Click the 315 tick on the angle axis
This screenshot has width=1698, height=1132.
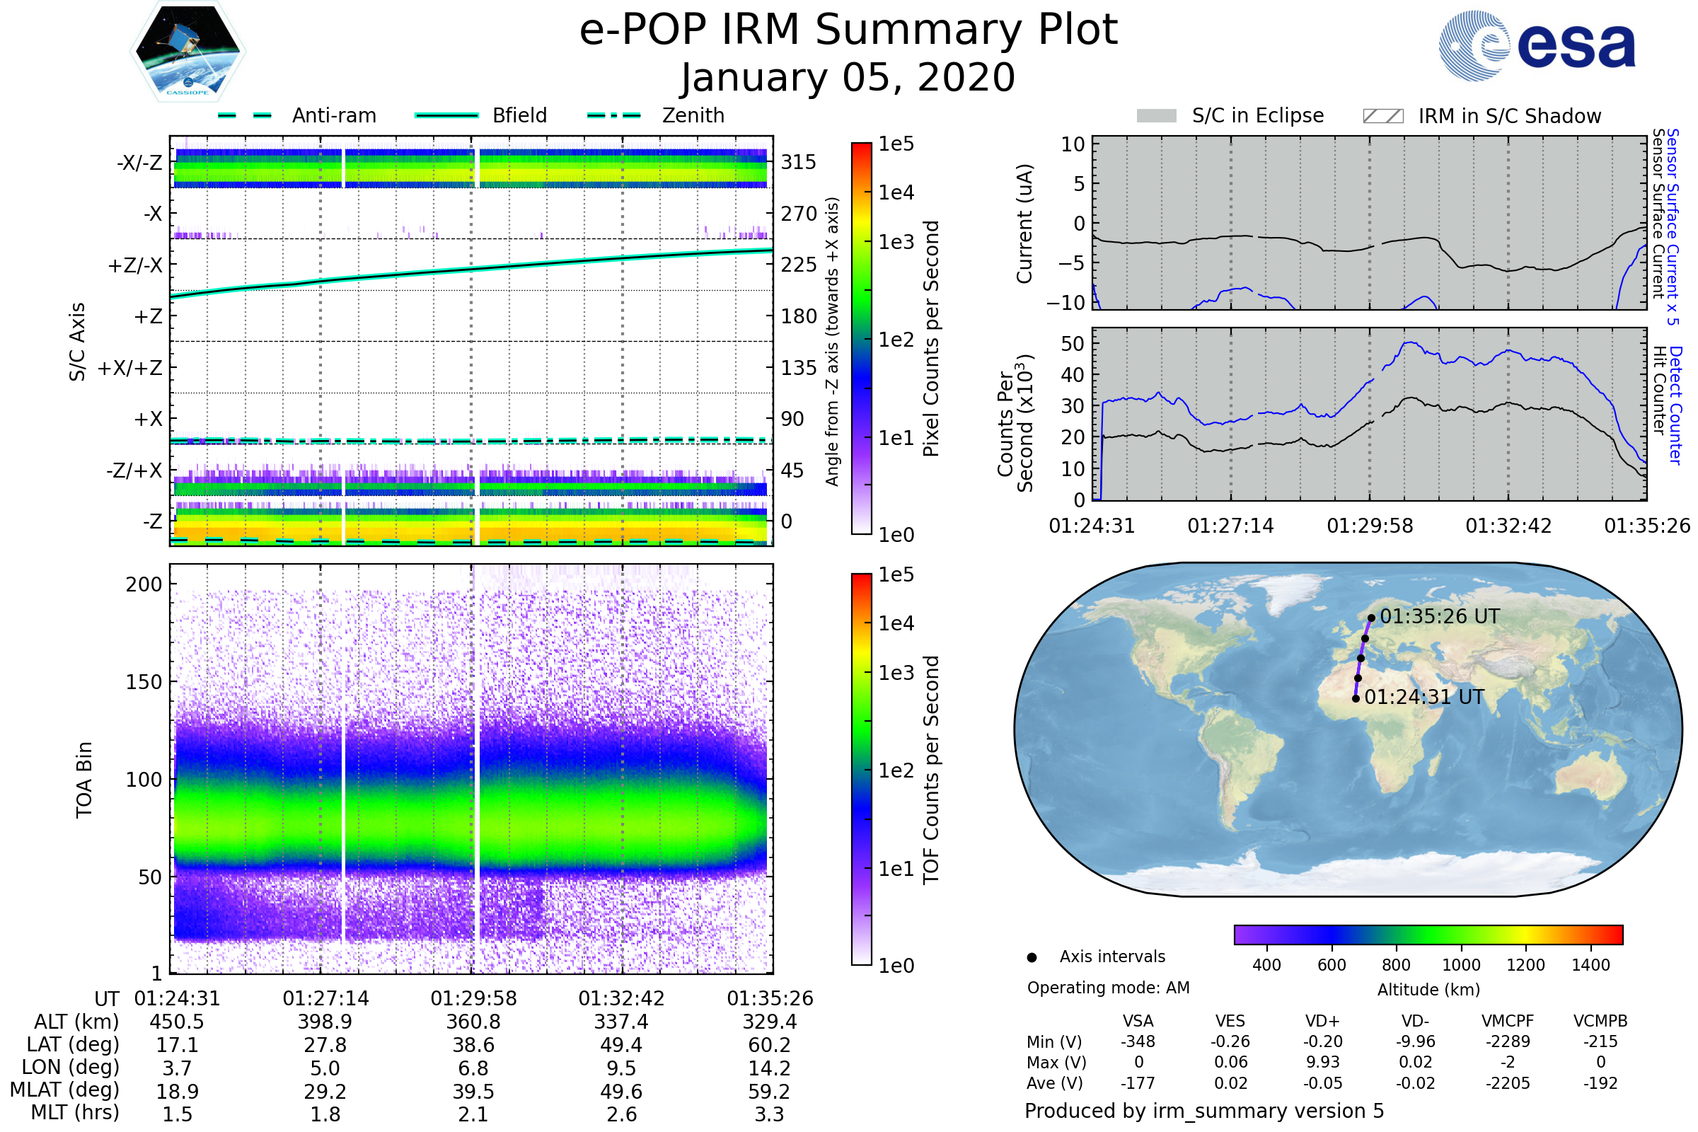[799, 162]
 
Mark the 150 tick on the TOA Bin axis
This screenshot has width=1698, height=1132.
[144, 682]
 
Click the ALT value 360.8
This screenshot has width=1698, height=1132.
[473, 1022]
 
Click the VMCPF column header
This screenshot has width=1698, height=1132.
[1508, 1022]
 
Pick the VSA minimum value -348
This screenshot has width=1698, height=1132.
[1138, 1041]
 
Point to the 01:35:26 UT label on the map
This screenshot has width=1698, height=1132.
[1440, 616]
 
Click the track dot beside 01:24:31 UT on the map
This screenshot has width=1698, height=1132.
[1356, 699]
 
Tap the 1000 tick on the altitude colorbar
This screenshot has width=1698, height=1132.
[1460, 965]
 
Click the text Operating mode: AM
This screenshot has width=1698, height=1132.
[1108, 988]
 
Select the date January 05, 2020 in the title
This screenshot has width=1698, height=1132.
[848, 78]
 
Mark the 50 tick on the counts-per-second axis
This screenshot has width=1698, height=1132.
[1073, 344]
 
